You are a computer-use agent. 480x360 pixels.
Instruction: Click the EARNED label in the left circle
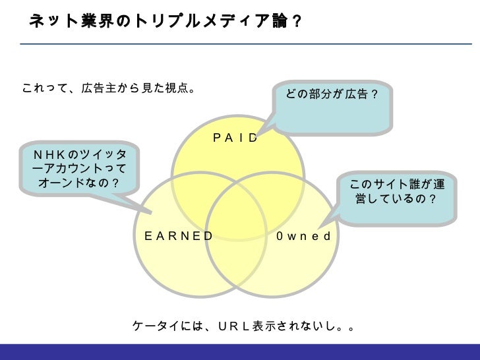point(179,236)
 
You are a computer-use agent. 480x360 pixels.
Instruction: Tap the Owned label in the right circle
point(303,236)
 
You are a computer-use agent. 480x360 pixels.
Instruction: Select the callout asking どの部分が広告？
point(332,96)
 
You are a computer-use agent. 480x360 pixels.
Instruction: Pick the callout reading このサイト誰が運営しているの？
point(396,191)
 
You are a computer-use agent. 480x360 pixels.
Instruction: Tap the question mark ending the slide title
point(297,21)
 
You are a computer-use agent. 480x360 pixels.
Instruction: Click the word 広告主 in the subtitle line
point(95,88)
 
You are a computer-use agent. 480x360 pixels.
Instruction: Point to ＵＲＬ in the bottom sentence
point(230,326)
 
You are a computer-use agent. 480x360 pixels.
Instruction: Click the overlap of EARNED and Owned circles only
point(237,264)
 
